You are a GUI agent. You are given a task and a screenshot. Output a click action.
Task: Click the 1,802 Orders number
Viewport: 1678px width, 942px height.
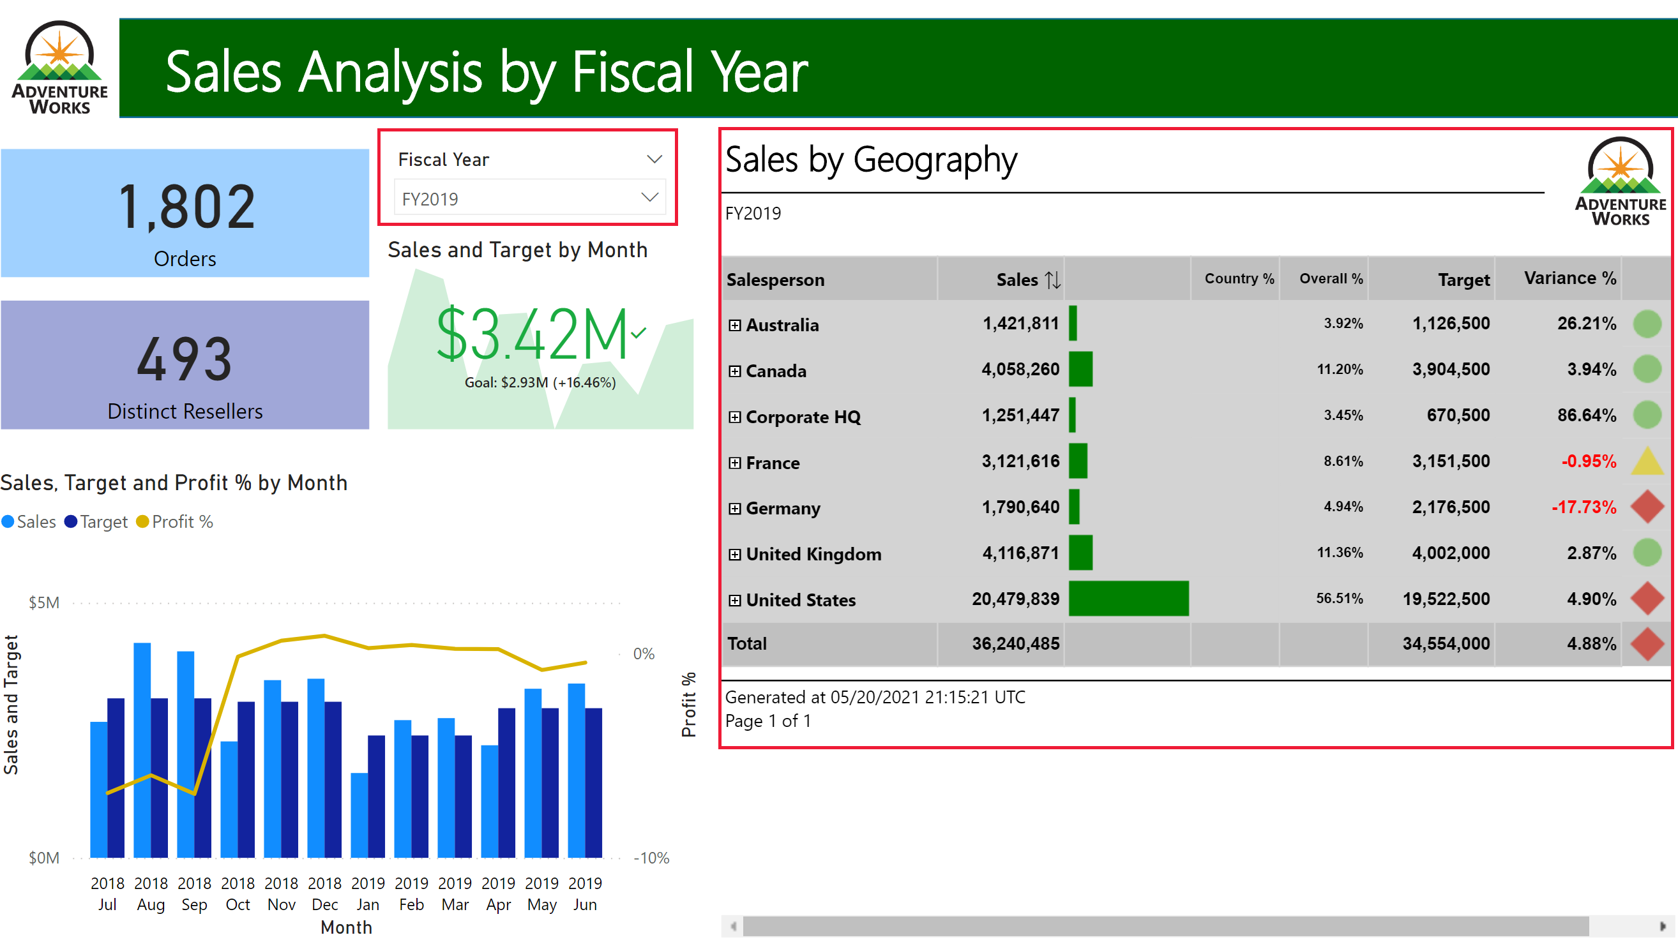click(x=186, y=207)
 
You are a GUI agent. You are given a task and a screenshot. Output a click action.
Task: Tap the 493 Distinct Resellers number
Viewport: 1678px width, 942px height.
click(x=185, y=359)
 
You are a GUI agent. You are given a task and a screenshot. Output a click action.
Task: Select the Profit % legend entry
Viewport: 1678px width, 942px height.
click(x=175, y=522)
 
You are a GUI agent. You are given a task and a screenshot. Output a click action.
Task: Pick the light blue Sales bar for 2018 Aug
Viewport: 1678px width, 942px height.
click(x=142, y=749)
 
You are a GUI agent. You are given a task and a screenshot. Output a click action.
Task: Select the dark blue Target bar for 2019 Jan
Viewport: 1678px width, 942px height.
click(x=376, y=795)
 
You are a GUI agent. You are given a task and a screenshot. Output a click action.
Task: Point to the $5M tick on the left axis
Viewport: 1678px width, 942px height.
click(x=43, y=603)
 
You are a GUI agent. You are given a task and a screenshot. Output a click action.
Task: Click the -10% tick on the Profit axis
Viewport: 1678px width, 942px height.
click(x=651, y=858)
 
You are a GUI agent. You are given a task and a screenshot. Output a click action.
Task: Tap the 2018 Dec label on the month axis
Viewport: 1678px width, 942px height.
click(x=324, y=893)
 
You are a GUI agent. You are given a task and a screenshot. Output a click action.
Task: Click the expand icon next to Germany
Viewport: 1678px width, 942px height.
click(x=734, y=509)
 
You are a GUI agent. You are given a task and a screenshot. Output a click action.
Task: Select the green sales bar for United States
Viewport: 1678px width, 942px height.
click(x=1128, y=598)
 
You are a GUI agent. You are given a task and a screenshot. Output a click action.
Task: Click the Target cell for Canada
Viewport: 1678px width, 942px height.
click(x=1450, y=370)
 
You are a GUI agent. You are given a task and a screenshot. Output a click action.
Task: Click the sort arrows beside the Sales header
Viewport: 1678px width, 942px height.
click(x=1052, y=280)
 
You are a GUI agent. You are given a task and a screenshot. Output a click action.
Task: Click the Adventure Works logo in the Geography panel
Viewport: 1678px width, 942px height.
click(x=1619, y=182)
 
